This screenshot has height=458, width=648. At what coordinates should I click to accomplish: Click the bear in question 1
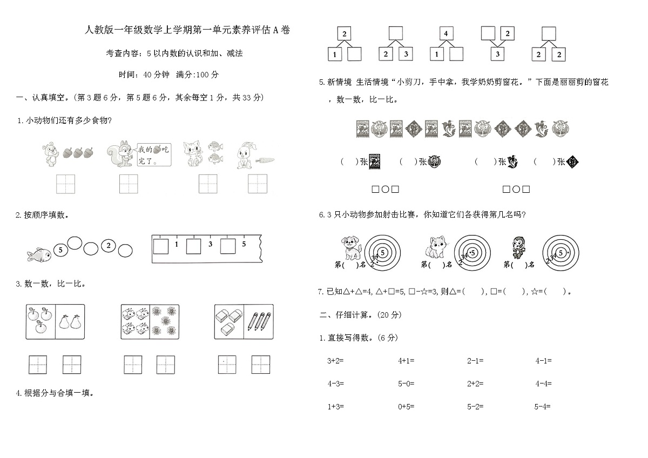click(51, 153)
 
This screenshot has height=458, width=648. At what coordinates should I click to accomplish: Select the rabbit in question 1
click(243, 156)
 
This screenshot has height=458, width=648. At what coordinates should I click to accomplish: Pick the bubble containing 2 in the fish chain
click(109, 246)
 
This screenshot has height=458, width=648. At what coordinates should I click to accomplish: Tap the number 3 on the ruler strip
click(211, 244)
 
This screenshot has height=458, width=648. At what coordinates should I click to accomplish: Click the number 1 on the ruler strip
click(177, 244)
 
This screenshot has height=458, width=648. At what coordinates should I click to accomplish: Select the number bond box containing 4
click(446, 34)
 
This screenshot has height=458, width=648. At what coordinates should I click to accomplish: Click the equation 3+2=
click(335, 360)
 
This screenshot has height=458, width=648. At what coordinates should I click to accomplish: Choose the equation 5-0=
click(406, 383)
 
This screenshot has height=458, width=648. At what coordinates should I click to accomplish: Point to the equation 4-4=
click(543, 383)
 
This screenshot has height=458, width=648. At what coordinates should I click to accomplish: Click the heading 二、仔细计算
click(360, 314)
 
